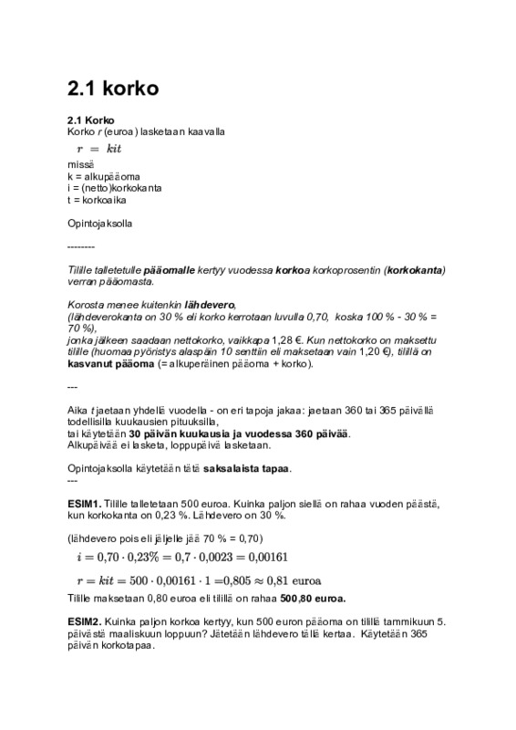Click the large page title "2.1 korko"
pos(114,89)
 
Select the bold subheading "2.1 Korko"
pos(90,120)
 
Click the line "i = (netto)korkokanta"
pos(115,187)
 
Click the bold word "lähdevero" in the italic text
pos(210,304)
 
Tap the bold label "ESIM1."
pos(85,503)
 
